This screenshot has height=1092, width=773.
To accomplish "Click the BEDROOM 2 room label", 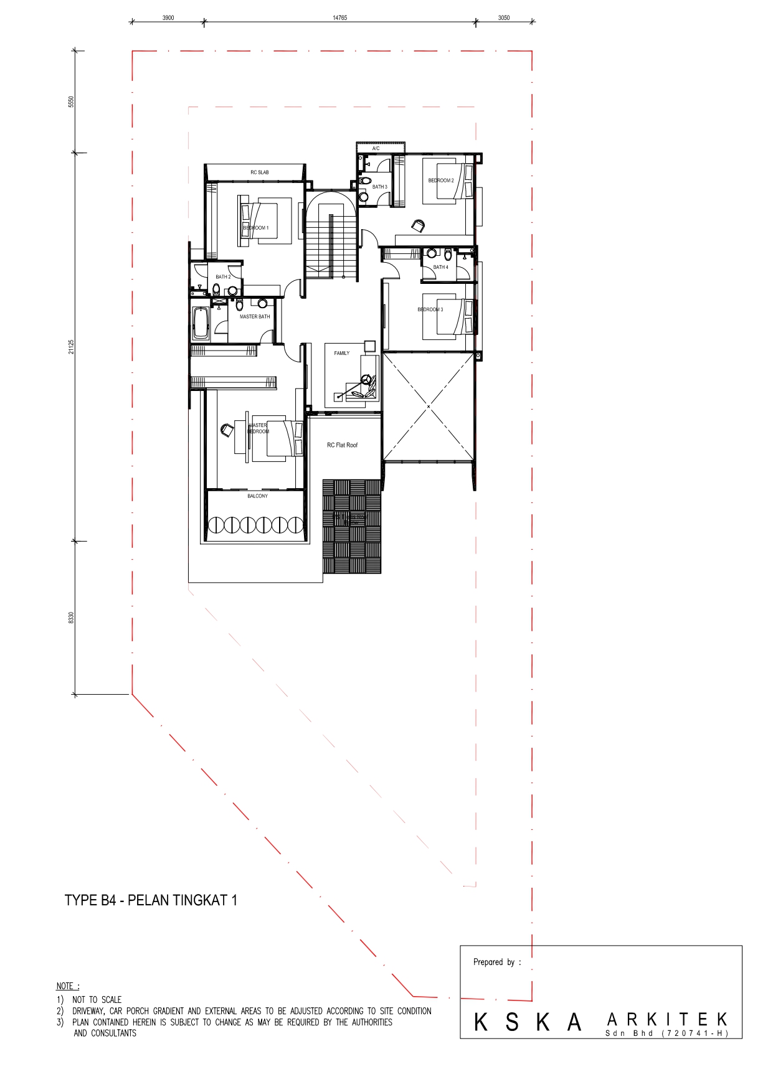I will point(441,181).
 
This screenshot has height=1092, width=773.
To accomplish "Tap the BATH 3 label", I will point(380,187).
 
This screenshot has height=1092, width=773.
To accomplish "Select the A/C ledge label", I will point(376,149).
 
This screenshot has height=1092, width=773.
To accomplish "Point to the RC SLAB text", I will point(260,172).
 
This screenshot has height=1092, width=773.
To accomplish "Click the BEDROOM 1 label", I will point(256,228).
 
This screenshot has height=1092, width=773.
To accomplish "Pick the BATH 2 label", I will point(223,277).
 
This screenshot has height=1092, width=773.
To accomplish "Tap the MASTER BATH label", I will point(255,317).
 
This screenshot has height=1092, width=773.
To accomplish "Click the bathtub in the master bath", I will point(200,323).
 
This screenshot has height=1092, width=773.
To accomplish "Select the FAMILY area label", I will point(341,354).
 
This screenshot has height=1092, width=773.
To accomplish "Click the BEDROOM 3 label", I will point(430,309).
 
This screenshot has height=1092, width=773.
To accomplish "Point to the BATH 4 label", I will point(440,267).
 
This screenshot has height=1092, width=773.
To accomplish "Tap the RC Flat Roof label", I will point(342,445).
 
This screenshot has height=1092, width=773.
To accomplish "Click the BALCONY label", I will point(257,496).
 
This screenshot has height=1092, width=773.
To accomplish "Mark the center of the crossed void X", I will point(429,407).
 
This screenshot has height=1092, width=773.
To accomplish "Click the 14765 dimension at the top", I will point(339,18).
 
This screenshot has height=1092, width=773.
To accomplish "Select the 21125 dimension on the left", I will point(71,347).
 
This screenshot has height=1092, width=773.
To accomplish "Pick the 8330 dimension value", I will point(71,618).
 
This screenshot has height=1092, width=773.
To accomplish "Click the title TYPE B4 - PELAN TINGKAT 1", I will point(151,900).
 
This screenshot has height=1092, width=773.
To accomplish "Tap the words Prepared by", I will point(497,962).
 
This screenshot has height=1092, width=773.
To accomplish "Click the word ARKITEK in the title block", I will point(666,1020).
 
